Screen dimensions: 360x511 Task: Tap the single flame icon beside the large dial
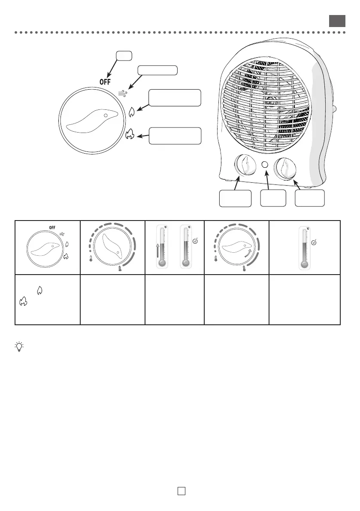(132, 112)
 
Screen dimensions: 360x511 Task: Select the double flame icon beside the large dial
(130, 136)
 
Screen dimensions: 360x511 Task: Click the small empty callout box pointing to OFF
(124, 55)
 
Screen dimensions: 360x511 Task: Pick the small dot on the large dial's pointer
(106, 116)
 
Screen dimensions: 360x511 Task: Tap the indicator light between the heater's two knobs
(265, 164)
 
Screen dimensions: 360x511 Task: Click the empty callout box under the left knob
(235, 198)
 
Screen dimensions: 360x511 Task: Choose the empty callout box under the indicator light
(273, 198)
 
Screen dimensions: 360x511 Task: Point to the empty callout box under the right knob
(310, 198)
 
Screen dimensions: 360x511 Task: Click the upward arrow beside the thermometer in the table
(157, 250)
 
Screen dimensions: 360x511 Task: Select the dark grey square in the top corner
(337, 21)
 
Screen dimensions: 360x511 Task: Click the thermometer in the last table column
(305, 248)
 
